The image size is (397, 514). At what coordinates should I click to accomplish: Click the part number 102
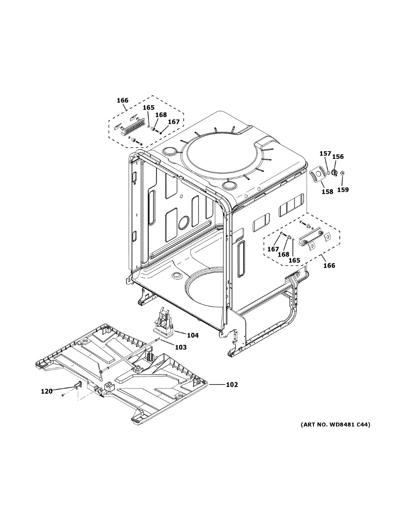click(x=231, y=385)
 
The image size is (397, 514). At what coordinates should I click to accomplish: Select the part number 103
click(x=180, y=347)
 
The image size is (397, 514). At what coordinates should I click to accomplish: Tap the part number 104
click(x=192, y=335)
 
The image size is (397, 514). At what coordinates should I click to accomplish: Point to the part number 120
click(x=47, y=391)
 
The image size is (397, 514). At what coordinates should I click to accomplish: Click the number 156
click(x=338, y=157)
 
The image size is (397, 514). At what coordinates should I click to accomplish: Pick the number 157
click(x=325, y=153)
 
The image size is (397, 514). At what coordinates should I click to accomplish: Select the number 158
click(x=327, y=192)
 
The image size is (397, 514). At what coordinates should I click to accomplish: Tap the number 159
click(x=343, y=189)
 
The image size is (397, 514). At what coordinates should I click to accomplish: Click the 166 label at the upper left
click(x=122, y=101)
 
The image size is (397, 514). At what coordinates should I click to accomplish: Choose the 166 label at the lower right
click(x=329, y=266)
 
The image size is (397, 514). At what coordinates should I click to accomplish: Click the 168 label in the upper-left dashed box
click(x=161, y=115)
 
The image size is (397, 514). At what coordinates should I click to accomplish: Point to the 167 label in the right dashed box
click(x=273, y=249)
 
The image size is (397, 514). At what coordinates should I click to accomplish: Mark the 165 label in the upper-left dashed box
click(x=149, y=108)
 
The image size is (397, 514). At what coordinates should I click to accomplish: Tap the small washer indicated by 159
click(x=342, y=174)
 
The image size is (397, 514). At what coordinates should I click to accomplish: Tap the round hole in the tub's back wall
click(x=184, y=222)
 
